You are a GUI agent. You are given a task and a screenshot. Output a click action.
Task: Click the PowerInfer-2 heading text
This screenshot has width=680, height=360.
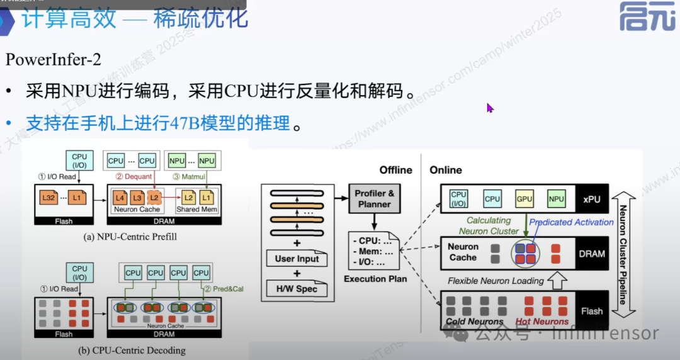54,60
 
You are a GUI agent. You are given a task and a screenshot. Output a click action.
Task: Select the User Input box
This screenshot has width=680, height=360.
297,258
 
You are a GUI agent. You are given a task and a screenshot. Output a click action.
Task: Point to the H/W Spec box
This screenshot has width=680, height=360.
296,289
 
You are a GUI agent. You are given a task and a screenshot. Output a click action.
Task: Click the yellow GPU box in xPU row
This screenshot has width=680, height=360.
524,199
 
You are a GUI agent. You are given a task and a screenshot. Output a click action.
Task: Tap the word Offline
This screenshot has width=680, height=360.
395,170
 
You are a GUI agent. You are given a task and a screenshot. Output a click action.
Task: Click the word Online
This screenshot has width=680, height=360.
445,170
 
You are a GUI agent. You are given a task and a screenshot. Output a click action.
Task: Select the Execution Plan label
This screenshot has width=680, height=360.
375,279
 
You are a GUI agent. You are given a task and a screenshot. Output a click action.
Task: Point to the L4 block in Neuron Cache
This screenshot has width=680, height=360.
120,199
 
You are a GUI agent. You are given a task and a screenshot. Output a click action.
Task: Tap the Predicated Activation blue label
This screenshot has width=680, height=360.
571,222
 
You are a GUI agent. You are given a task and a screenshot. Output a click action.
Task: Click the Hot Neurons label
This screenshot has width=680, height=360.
541,322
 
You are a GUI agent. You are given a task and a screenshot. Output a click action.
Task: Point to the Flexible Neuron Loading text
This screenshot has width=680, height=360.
496,281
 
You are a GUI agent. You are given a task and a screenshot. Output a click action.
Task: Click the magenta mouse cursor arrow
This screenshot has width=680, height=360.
490,108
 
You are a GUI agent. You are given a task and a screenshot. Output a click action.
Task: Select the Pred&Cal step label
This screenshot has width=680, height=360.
220,289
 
